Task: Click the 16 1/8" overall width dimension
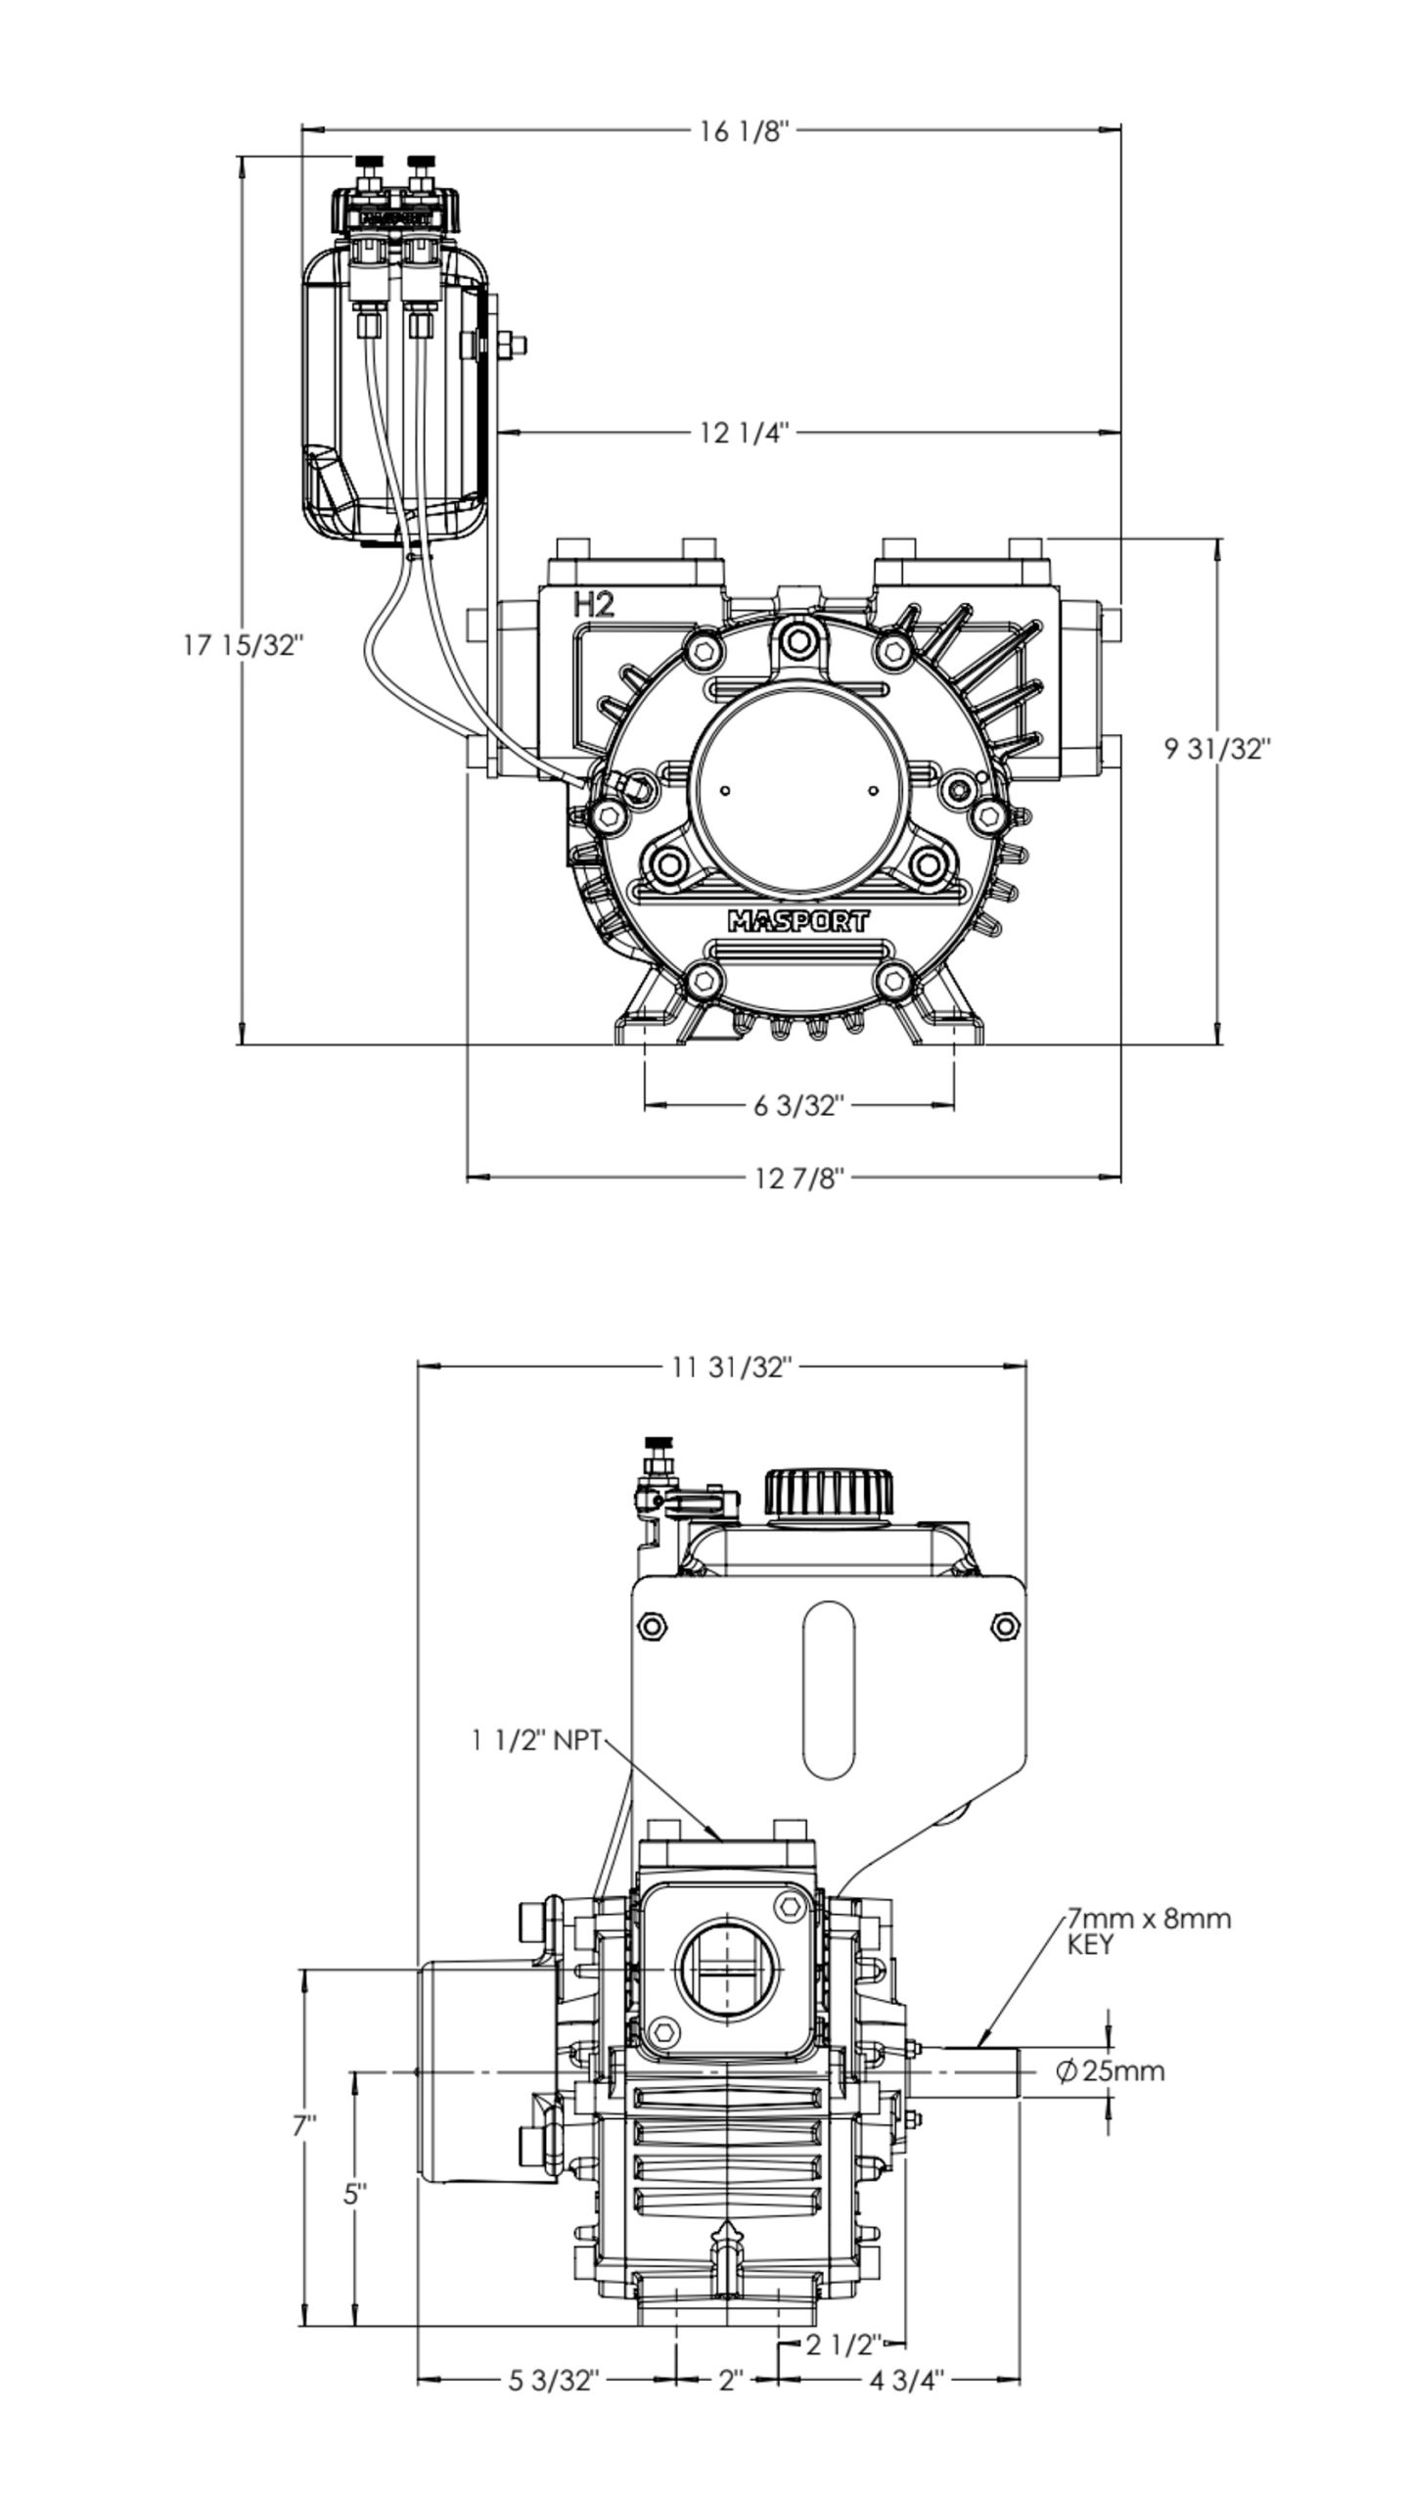click(x=744, y=131)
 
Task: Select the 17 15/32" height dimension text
click(x=244, y=645)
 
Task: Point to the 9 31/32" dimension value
click(x=1216, y=749)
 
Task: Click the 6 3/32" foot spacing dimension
click(x=798, y=1105)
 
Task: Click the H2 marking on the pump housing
click(x=594, y=605)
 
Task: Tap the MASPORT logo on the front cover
click(x=798, y=921)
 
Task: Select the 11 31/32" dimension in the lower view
click(x=730, y=1367)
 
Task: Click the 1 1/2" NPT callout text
click(x=536, y=1740)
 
